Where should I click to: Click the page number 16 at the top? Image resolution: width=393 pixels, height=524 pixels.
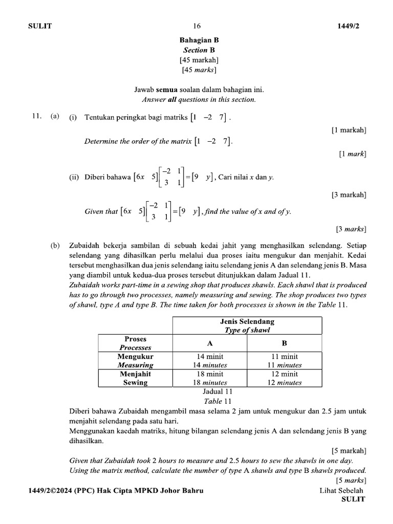click(197, 26)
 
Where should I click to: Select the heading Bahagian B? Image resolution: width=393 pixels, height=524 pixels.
click(199, 40)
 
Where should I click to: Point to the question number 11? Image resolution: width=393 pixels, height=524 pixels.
click(36, 117)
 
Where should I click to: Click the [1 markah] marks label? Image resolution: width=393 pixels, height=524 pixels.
click(348, 130)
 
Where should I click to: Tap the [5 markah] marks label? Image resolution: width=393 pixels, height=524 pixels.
click(348, 451)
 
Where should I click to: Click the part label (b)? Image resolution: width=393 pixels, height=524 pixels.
click(55, 246)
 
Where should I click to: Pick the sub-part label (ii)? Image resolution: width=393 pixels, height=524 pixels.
click(74, 178)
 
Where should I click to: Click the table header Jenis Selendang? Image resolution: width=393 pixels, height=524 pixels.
click(247, 321)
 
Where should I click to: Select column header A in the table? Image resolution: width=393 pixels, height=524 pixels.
click(209, 343)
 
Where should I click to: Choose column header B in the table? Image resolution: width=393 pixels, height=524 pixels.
click(285, 343)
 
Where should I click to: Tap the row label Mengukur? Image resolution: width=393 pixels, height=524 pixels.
click(136, 357)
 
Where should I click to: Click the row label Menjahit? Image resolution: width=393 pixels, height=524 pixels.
click(136, 374)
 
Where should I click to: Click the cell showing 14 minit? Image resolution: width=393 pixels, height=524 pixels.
click(210, 357)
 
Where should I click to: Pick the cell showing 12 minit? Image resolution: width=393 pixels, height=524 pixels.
click(285, 374)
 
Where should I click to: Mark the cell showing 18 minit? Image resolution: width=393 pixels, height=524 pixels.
click(210, 374)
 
